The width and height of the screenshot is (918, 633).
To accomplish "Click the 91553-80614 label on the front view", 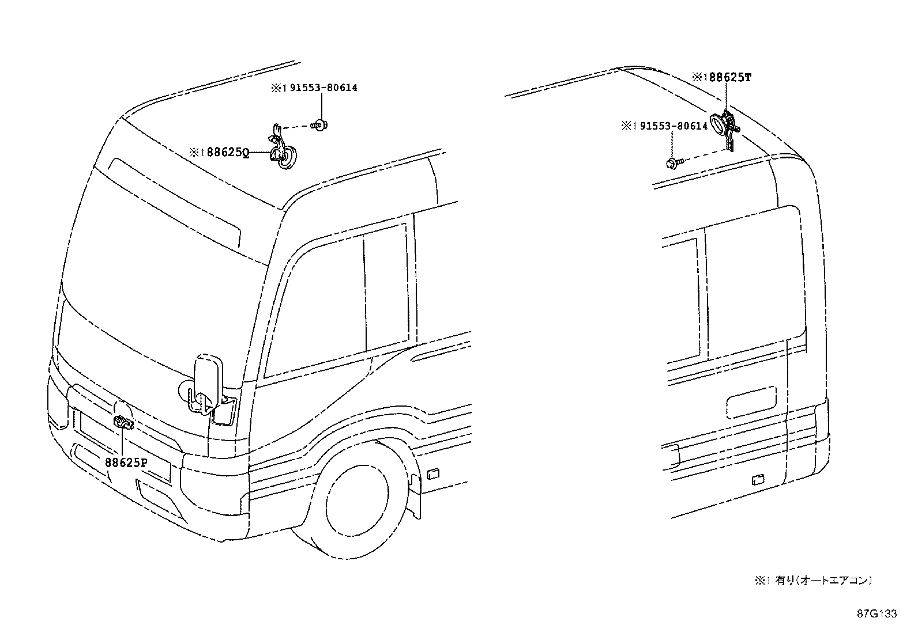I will point(319,88).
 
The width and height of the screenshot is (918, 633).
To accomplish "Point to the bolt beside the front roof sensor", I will point(318,124).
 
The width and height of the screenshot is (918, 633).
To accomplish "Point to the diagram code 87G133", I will point(876,614).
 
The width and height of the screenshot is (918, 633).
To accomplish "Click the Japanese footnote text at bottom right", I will point(812,581).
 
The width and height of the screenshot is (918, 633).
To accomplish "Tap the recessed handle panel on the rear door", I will point(751,402).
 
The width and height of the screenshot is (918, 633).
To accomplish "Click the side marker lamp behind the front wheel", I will point(432,473).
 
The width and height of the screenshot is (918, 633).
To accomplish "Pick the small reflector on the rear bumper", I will point(758,480).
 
